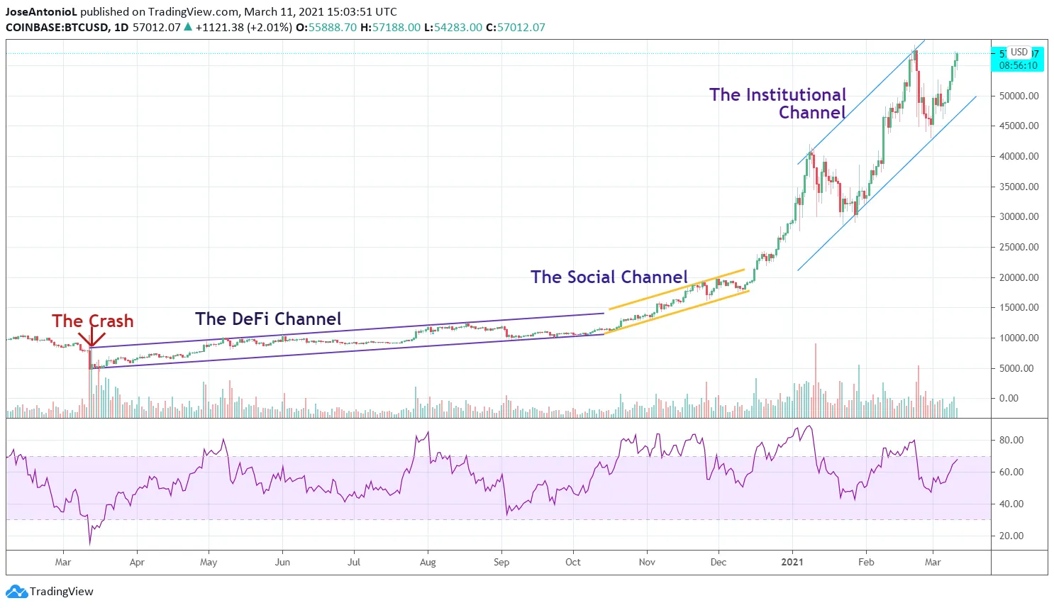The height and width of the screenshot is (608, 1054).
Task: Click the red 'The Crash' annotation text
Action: pyautogui.click(x=92, y=321)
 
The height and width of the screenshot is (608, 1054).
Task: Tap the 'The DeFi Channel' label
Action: pyautogui.click(x=268, y=319)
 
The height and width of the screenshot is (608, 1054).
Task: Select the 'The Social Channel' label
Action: pyautogui.click(x=609, y=277)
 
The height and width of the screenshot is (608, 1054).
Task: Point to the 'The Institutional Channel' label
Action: pyautogui.click(x=778, y=104)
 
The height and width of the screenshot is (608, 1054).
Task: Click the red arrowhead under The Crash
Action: pyautogui.click(x=91, y=344)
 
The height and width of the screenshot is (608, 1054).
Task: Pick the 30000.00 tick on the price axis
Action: pyautogui.click(x=1019, y=217)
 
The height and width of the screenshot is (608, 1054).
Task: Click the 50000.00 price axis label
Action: pyautogui.click(x=1019, y=96)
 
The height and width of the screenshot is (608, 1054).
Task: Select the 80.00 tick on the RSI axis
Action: pyautogui.click(x=1011, y=440)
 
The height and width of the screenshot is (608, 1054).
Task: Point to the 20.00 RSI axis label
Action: pyautogui.click(x=1011, y=536)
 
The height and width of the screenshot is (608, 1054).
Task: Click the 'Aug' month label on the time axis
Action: pyautogui.click(x=428, y=562)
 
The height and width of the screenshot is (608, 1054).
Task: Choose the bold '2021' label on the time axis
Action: pyautogui.click(x=792, y=562)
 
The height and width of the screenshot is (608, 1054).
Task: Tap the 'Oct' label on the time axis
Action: pyautogui.click(x=573, y=562)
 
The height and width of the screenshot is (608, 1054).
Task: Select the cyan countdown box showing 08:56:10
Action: pyautogui.click(x=1018, y=65)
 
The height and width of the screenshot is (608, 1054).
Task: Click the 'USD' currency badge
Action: pyautogui.click(x=1019, y=52)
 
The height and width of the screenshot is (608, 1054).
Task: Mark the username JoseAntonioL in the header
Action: pyautogui.click(x=40, y=12)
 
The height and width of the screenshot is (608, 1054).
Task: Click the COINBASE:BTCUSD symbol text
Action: pyautogui.click(x=57, y=28)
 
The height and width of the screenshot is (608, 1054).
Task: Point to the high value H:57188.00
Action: pyautogui.click(x=390, y=28)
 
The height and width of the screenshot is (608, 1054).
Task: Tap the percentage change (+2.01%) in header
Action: pyautogui.click(x=270, y=28)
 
